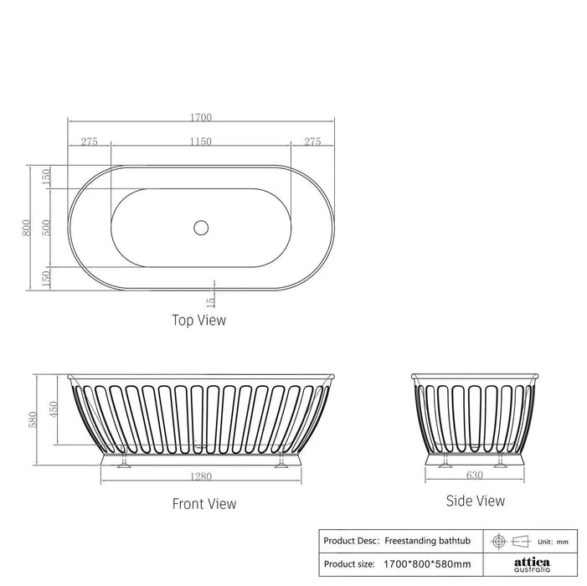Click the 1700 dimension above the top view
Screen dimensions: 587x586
tap(201, 117)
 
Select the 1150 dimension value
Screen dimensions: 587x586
tap(201, 141)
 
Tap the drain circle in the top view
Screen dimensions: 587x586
tap(201, 228)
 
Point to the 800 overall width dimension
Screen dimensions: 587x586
tap(27, 228)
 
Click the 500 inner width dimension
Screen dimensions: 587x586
tap(46, 228)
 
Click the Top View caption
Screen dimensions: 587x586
tap(198, 321)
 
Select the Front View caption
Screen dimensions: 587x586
tap(204, 504)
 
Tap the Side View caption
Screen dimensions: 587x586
tap(476, 501)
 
